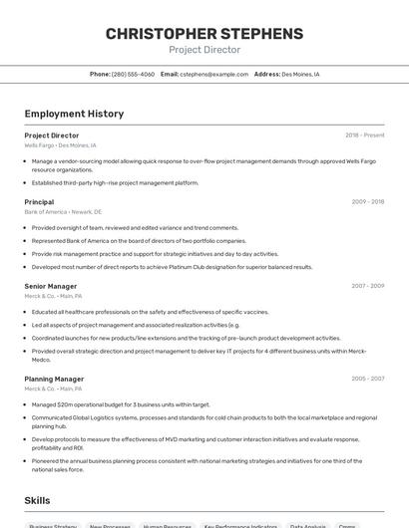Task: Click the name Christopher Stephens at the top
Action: (204, 34)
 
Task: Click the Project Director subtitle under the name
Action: (204, 50)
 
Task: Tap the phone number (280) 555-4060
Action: (133, 74)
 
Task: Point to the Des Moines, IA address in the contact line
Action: (300, 74)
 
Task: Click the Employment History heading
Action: (74, 114)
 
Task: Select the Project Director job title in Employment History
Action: (52, 135)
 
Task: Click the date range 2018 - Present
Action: (364, 135)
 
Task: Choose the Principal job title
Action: (39, 202)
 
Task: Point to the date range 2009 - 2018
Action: (367, 202)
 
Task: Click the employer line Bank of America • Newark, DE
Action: (63, 212)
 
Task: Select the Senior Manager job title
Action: (51, 286)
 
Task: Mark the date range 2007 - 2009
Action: (367, 286)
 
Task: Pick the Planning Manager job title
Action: (54, 379)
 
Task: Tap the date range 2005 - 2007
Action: (367, 379)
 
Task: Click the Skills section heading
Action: (38, 500)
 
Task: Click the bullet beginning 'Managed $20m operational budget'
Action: (121, 404)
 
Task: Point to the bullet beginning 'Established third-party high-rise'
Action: (115, 183)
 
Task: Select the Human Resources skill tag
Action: (167, 525)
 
